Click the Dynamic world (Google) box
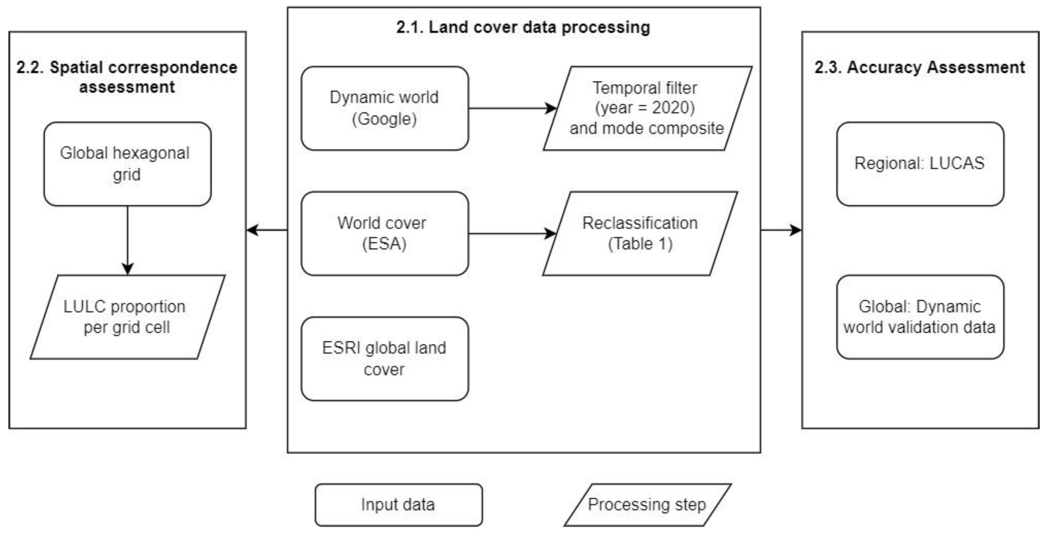tap(385, 108)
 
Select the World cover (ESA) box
tap(385, 234)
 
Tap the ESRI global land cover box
tap(385, 359)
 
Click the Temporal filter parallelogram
tap(647, 108)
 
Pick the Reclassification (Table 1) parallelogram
tap(640, 234)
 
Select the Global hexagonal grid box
tap(127, 164)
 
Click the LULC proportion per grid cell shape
tap(127, 317)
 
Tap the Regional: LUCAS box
tap(920, 164)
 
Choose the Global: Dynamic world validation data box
tap(920, 317)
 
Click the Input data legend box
tap(398, 504)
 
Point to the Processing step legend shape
tap(647, 504)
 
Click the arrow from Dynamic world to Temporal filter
tap(512, 108)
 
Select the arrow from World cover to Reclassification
tap(512, 234)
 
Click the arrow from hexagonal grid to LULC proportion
tap(127, 240)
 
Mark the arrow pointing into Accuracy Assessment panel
tap(780, 230)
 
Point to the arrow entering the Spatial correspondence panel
tap(267, 230)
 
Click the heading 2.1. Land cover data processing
tap(523, 27)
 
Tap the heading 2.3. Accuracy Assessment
tap(920, 67)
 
